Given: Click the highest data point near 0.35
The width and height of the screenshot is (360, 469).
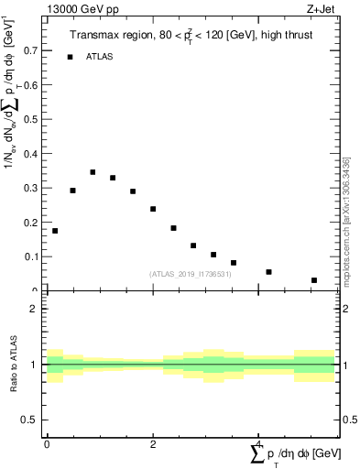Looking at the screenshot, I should pyautogui.click(x=93, y=171).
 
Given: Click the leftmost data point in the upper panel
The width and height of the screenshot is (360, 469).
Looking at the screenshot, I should pyautogui.click(x=55, y=231).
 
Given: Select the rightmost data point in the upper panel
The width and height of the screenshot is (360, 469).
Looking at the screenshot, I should pyautogui.click(x=313, y=280).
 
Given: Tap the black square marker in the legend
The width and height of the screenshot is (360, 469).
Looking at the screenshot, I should pyautogui.click(x=70, y=57).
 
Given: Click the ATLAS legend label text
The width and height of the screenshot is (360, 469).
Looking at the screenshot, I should pyautogui.click(x=100, y=57).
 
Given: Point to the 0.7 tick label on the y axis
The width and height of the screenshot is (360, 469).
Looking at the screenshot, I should pyautogui.click(x=32, y=50).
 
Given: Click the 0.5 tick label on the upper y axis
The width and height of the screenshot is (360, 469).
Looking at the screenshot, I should pyautogui.click(x=32, y=119).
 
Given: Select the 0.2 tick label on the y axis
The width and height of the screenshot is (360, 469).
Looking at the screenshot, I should pyautogui.click(x=32, y=223).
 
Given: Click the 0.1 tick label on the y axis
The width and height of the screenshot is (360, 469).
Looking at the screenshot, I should pyautogui.click(x=32, y=257).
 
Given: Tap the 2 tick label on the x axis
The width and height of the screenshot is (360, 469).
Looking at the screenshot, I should pyautogui.click(x=153, y=443).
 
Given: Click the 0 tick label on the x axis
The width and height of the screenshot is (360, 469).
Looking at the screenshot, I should pyautogui.click(x=47, y=443).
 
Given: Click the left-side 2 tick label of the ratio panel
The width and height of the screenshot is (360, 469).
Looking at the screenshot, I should pyautogui.click(x=34, y=309).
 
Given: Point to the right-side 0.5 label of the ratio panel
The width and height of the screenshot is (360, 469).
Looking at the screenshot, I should pyautogui.click(x=348, y=420).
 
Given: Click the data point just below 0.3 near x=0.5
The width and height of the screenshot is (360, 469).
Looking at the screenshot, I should pyautogui.click(x=72, y=191).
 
